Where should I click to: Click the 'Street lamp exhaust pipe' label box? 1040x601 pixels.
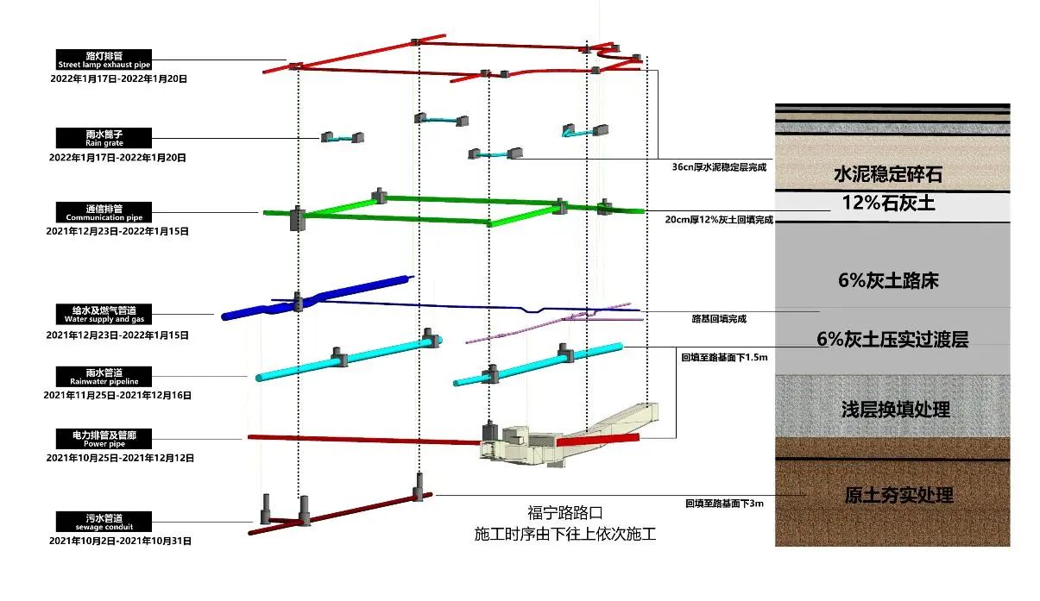104,59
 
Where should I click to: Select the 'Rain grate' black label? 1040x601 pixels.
104,138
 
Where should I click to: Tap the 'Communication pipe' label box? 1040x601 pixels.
104,212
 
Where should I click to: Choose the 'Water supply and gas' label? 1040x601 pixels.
104,314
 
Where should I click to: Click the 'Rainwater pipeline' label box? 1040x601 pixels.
104,377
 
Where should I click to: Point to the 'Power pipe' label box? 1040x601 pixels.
104,439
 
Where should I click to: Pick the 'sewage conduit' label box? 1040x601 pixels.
104,522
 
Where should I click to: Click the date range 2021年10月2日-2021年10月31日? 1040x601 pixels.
120,541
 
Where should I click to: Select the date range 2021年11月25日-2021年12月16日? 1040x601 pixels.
117,395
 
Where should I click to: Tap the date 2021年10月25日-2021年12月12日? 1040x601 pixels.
120,458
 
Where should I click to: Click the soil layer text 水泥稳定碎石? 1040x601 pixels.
888,174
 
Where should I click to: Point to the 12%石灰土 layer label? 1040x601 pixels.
888,203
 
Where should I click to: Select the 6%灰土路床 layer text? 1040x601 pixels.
888,280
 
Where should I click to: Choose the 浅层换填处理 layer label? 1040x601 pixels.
896,410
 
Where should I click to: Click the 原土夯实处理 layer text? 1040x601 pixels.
898,495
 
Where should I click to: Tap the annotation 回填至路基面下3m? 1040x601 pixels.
724,504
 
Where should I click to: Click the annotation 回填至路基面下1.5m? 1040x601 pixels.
724,358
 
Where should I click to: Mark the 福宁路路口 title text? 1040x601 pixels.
565,513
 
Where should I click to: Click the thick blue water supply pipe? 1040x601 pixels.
317,297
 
